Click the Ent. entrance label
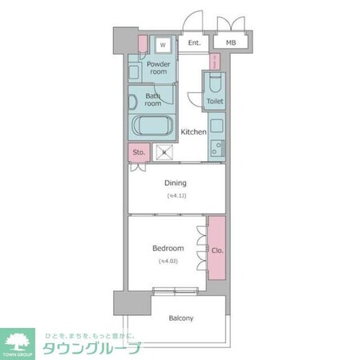193,43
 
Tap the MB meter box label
231,43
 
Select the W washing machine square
163,45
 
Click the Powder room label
158,68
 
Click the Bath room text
153,99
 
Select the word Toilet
214,102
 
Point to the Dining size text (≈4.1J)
176,196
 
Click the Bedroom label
168,249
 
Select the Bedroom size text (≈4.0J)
168,261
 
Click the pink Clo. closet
217,249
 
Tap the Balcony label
180,318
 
